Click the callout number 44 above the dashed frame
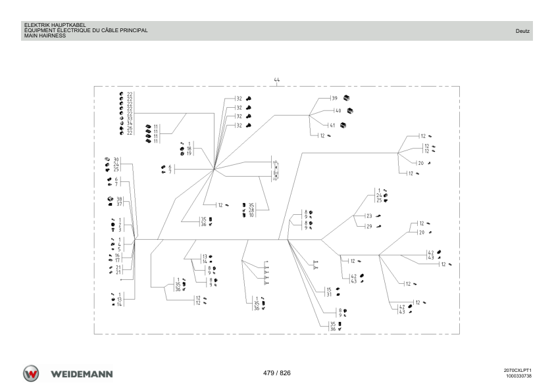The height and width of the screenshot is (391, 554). pos(276,80)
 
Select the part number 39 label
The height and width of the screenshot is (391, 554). pos(335,98)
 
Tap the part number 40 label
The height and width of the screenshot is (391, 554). pos(338,111)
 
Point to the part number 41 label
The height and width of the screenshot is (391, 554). pos(332,126)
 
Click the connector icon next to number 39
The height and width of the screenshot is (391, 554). pos(346,98)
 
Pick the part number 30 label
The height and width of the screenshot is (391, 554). pos(116,160)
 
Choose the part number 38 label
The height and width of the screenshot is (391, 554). pos(119,199)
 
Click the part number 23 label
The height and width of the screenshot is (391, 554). pos(369,216)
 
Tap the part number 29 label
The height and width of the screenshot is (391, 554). pos(369,227)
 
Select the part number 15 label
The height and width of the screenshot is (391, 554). pos(329,290)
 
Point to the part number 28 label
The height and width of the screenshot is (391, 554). pos(251,210)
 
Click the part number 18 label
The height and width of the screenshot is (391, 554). pos(189,149)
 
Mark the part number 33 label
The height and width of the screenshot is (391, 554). pos(130,118)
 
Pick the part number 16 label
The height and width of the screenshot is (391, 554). pos(117,256)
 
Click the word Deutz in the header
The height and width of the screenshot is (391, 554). pos(522,31)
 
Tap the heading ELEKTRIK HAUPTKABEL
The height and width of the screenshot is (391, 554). pos(55,25)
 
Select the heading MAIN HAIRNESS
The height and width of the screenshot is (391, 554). pos(45,35)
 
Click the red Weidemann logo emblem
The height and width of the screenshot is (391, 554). pos(31,374)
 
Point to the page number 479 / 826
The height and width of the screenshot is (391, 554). pos(276,373)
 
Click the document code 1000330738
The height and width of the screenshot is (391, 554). pos(518,376)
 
